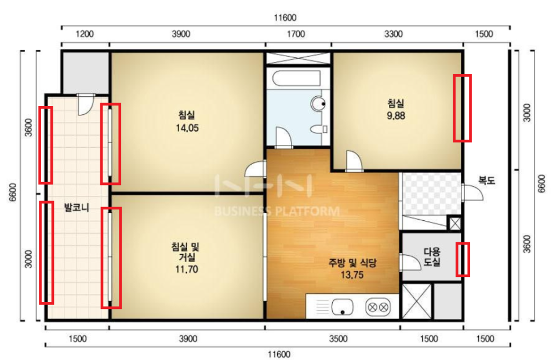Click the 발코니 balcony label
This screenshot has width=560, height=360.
pos(77,208)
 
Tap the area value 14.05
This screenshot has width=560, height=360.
pos(187,128)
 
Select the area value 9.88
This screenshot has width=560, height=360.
pos(396,116)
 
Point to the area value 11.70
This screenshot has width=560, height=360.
pos(187,269)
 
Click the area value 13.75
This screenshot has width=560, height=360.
pos(352,275)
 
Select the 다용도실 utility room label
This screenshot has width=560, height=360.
pos(432,257)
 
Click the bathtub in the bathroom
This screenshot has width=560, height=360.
pos(296,78)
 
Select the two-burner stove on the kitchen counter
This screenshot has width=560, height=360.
pos(377,307)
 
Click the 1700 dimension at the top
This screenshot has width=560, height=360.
pos(296,34)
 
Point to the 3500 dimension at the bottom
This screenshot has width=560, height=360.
pos(338,339)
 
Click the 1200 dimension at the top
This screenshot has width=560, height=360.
pos(85,34)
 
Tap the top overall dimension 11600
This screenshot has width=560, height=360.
pos(285,17)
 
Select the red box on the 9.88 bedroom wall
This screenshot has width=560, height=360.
pos(462,108)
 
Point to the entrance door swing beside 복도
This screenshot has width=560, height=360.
pos(472,192)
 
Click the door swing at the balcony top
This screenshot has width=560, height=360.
pos(86,104)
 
